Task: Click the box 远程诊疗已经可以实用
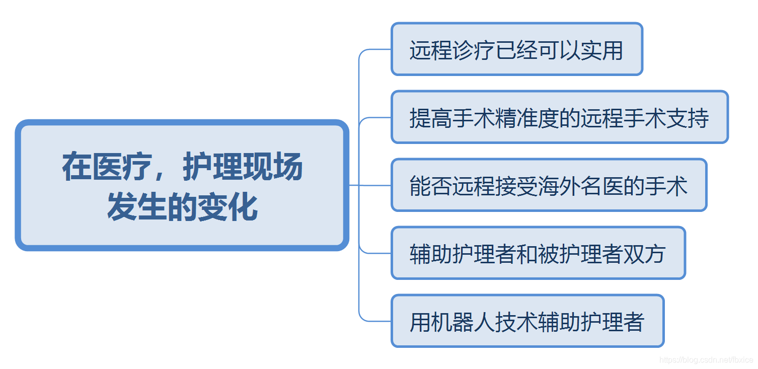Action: point(516,49)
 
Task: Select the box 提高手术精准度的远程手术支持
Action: point(559,117)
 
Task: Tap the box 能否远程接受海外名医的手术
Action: point(549,185)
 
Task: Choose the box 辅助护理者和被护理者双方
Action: point(538,253)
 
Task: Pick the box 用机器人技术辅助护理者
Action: point(527,321)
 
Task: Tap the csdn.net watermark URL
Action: point(706,360)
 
